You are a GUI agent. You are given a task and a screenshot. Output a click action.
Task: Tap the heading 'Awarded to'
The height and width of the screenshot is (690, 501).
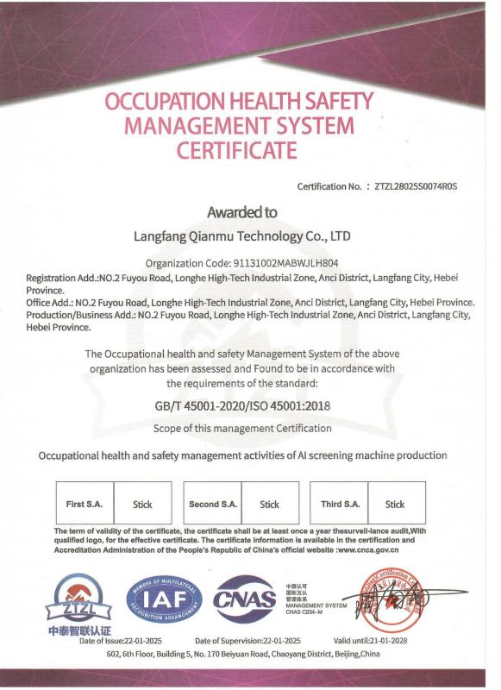(241, 211)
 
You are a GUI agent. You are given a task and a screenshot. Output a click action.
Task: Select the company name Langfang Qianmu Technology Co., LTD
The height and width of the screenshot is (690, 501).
(241, 235)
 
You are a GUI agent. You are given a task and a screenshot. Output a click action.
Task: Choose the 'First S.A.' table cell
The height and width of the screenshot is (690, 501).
(87, 504)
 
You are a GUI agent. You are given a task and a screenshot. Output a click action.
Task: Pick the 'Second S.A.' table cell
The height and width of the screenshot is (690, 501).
(212, 504)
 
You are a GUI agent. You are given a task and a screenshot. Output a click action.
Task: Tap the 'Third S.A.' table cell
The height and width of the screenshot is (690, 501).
(340, 504)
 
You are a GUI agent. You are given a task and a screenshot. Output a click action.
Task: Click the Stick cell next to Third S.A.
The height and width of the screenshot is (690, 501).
(395, 505)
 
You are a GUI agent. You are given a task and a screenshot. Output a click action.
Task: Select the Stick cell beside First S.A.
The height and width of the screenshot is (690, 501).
(142, 505)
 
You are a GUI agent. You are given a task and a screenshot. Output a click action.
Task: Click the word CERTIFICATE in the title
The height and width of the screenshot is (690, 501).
(237, 151)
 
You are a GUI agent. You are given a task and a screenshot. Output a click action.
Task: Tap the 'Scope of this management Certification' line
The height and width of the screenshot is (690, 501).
(241, 428)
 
